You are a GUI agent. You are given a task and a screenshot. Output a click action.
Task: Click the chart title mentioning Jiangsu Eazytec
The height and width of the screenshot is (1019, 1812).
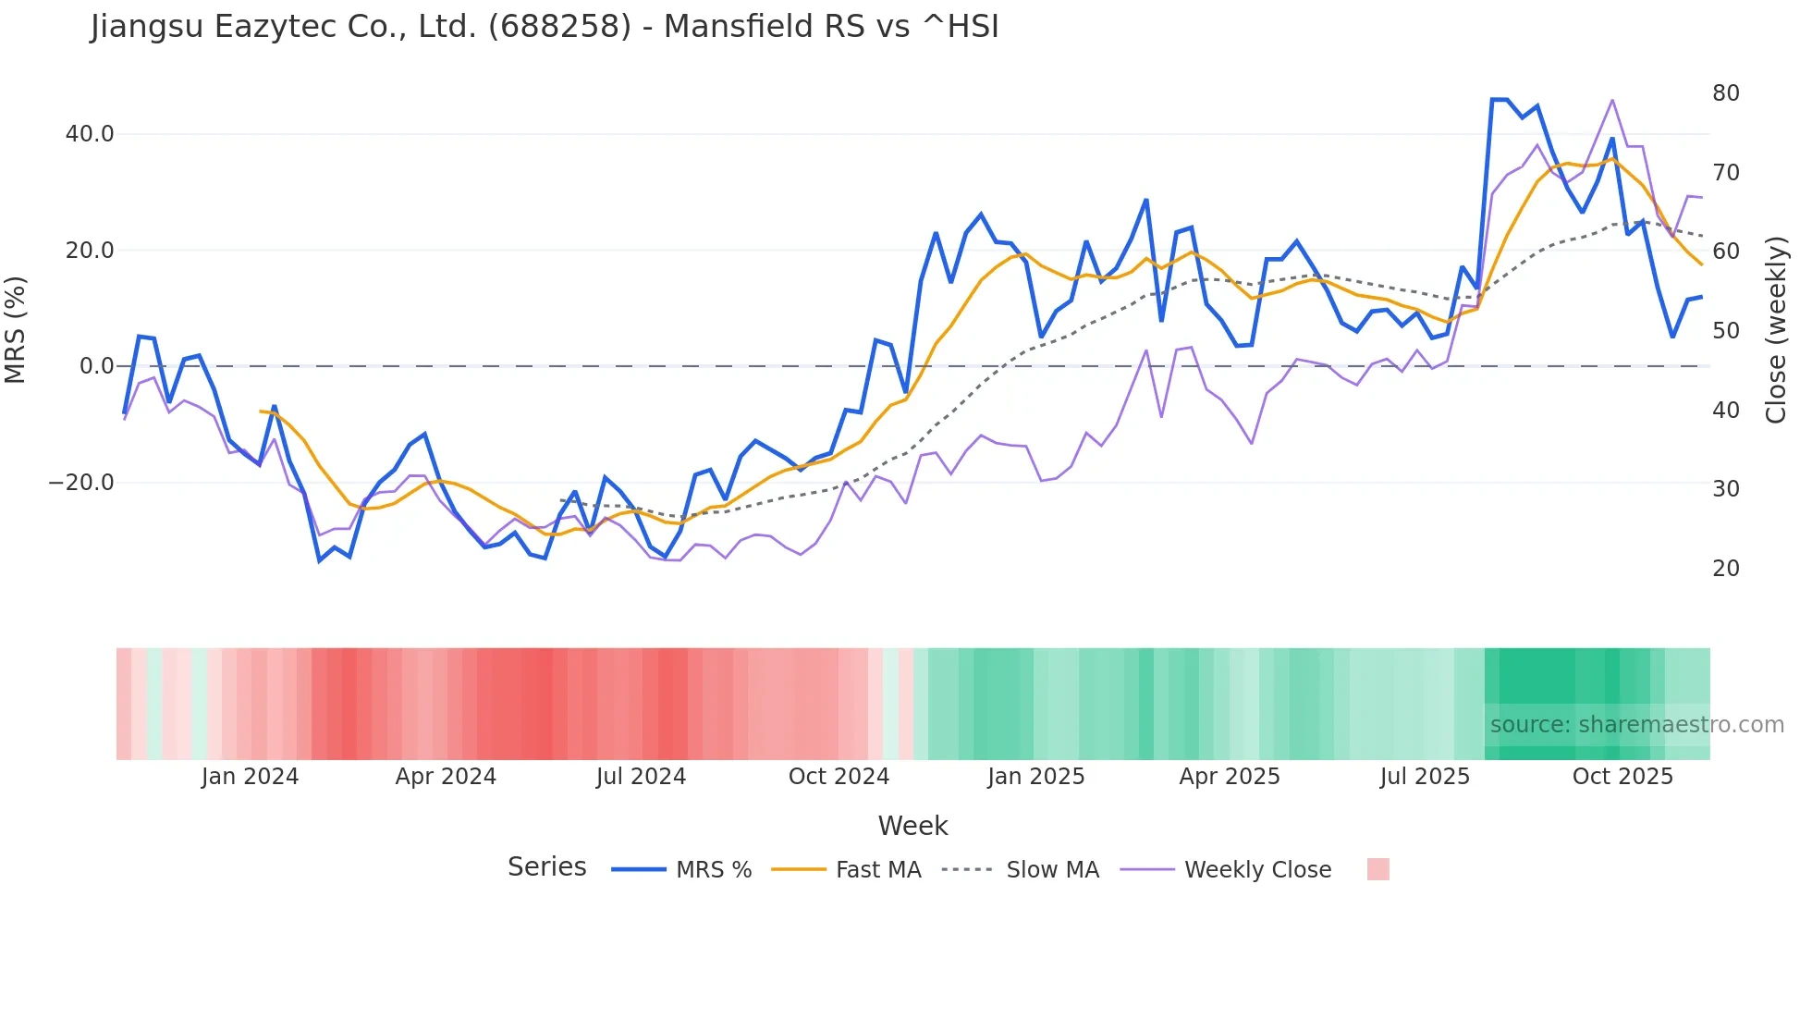tap(545, 27)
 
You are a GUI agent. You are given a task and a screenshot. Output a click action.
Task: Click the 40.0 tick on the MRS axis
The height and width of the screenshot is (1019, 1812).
tap(90, 134)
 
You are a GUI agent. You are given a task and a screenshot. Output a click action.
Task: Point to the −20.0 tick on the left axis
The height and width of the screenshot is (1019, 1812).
tap(81, 483)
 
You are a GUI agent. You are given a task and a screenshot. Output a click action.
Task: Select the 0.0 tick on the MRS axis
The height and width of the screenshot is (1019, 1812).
tap(96, 366)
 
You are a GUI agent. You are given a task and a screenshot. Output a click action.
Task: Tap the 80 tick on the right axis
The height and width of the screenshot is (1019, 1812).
tap(1725, 93)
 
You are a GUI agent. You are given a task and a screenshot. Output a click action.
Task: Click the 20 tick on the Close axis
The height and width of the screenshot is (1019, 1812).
tap(1725, 569)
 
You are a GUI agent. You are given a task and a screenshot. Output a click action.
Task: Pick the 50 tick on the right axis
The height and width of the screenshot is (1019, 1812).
tap(1725, 331)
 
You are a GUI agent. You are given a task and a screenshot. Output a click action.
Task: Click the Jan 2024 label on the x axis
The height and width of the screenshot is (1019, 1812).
tap(250, 777)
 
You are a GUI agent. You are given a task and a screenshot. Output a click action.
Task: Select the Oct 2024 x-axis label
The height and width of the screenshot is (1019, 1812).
tap(839, 777)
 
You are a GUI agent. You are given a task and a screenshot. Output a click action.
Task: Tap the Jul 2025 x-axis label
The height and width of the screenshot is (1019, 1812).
tap(1425, 777)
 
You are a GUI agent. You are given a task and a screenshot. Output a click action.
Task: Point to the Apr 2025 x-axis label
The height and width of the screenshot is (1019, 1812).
tap(1230, 777)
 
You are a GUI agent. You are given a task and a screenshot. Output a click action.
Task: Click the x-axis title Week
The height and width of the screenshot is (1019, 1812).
tap(912, 826)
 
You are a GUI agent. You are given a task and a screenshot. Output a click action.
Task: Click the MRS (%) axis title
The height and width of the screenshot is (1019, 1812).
tap(16, 330)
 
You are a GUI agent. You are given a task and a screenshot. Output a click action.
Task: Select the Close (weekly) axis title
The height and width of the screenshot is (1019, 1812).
tap(1776, 330)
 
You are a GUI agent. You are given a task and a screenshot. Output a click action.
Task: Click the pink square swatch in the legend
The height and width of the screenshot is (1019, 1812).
tap(1377, 869)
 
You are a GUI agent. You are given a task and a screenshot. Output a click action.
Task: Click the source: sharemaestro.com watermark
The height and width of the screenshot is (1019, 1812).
tap(1636, 725)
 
